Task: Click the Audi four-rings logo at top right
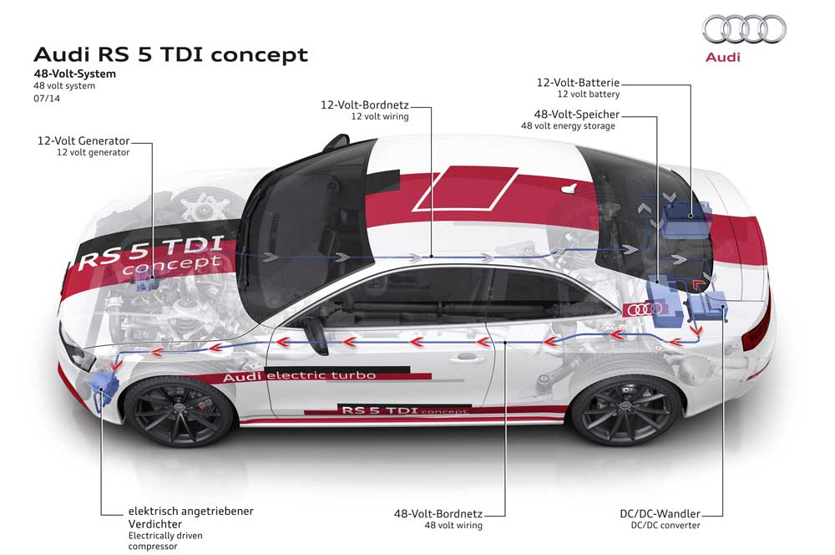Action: [x=744, y=28]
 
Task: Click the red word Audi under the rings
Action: [x=722, y=57]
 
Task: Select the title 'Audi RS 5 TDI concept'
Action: [x=170, y=54]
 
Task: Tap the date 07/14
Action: [x=47, y=98]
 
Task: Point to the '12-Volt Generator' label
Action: [x=83, y=140]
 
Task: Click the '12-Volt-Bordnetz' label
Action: [x=364, y=105]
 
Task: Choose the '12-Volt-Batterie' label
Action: [x=578, y=83]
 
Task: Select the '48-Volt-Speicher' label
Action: [x=577, y=114]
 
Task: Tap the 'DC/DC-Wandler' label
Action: [x=660, y=514]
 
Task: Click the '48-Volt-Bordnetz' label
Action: [x=438, y=514]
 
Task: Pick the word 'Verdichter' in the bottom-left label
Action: [x=155, y=524]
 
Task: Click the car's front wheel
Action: [x=180, y=410]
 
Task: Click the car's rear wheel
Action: [x=625, y=410]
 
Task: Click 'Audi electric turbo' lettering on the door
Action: [x=299, y=376]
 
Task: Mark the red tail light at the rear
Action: [x=758, y=323]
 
